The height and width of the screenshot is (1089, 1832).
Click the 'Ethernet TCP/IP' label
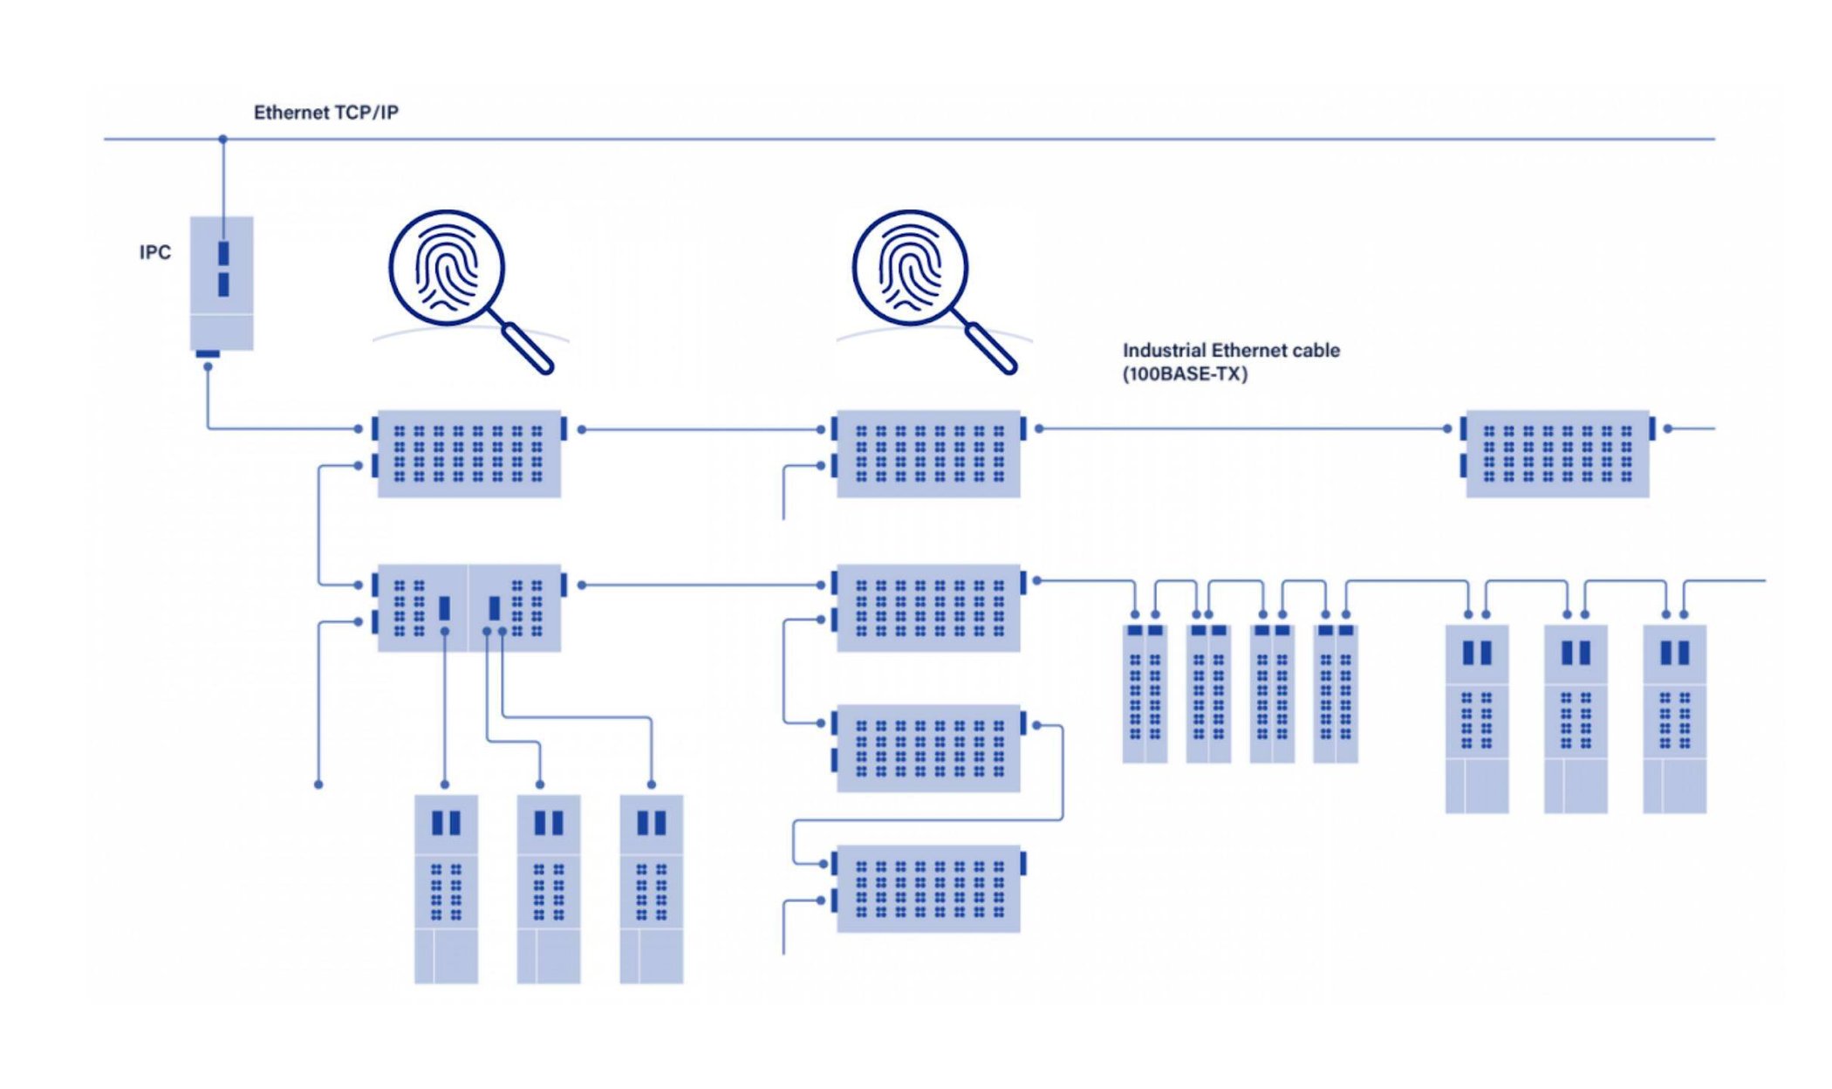tap(325, 113)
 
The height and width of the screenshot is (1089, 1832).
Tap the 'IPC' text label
tap(155, 252)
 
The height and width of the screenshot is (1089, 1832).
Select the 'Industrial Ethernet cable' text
tap(1230, 351)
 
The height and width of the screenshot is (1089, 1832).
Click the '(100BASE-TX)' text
tap(1185, 374)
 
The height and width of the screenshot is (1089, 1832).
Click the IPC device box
tap(222, 284)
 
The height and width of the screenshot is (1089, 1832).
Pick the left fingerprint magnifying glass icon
tap(447, 269)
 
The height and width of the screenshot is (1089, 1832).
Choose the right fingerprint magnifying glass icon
tap(910, 269)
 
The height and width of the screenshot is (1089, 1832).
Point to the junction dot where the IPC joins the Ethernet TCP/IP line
tap(222, 139)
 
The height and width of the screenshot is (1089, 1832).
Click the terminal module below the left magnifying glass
tap(468, 454)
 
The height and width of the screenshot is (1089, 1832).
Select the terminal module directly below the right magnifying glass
tap(928, 454)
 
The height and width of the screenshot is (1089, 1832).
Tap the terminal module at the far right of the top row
tap(1557, 454)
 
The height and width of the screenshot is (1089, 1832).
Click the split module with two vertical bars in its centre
tap(468, 608)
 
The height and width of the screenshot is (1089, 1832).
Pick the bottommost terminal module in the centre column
tap(928, 888)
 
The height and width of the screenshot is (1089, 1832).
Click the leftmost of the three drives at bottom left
tap(446, 888)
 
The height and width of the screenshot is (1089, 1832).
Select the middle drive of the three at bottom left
tap(549, 888)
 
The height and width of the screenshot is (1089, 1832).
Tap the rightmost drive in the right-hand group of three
tap(1674, 719)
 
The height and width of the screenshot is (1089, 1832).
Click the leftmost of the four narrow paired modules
tap(1145, 694)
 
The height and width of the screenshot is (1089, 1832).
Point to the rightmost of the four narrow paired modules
tap(1336, 694)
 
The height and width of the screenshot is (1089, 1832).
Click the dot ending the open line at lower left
tap(318, 784)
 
